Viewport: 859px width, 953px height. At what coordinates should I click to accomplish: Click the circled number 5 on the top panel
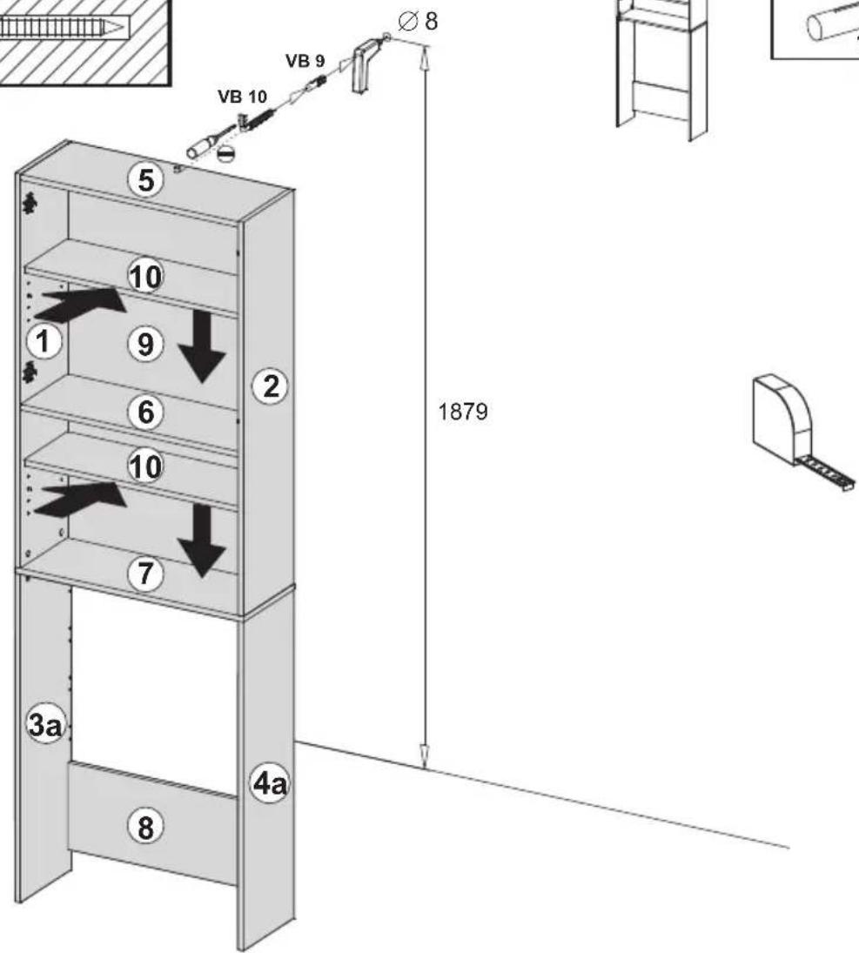point(146,180)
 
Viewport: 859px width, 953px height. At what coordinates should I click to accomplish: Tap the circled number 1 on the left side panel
point(44,341)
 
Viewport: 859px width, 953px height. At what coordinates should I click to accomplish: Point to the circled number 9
point(146,344)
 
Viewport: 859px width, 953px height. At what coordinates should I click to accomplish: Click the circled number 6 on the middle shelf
point(146,412)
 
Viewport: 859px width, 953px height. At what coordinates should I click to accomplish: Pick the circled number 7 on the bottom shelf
point(146,574)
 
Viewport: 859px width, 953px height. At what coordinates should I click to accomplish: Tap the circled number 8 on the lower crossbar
point(146,827)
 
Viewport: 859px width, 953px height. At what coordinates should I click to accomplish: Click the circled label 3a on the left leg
point(45,724)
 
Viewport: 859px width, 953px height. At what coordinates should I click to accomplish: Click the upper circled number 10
point(146,277)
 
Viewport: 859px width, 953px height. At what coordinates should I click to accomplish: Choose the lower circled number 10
point(146,466)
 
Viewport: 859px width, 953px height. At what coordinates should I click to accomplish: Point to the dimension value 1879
point(463,412)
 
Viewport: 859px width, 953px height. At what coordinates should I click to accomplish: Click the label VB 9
point(305,61)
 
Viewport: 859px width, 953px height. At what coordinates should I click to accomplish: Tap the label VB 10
point(242,97)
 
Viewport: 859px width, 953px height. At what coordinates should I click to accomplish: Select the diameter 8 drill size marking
point(418,21)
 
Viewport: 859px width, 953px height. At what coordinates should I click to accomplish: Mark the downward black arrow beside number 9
point(202,347)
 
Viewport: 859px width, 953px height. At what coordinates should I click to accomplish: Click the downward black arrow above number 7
point(202,541)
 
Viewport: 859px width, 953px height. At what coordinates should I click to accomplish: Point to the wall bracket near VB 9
point(366,64)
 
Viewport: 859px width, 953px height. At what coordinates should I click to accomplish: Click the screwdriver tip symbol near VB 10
point(225,154)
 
